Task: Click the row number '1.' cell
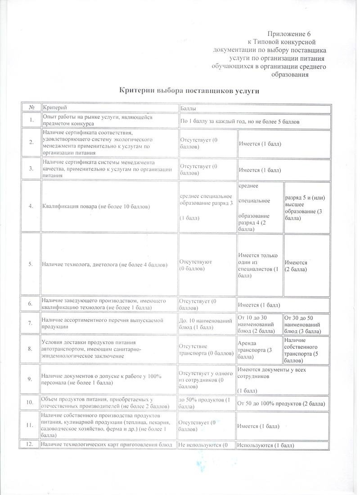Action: point(31,120)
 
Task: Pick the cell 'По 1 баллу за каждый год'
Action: point(240,121)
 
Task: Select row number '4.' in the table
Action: point(31,206)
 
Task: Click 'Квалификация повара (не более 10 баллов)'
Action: point(96,206)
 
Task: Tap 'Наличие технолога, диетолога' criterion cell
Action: point(104,264)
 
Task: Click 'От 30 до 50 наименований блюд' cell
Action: point(306,324)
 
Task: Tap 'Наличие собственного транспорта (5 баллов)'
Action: point(306,350)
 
